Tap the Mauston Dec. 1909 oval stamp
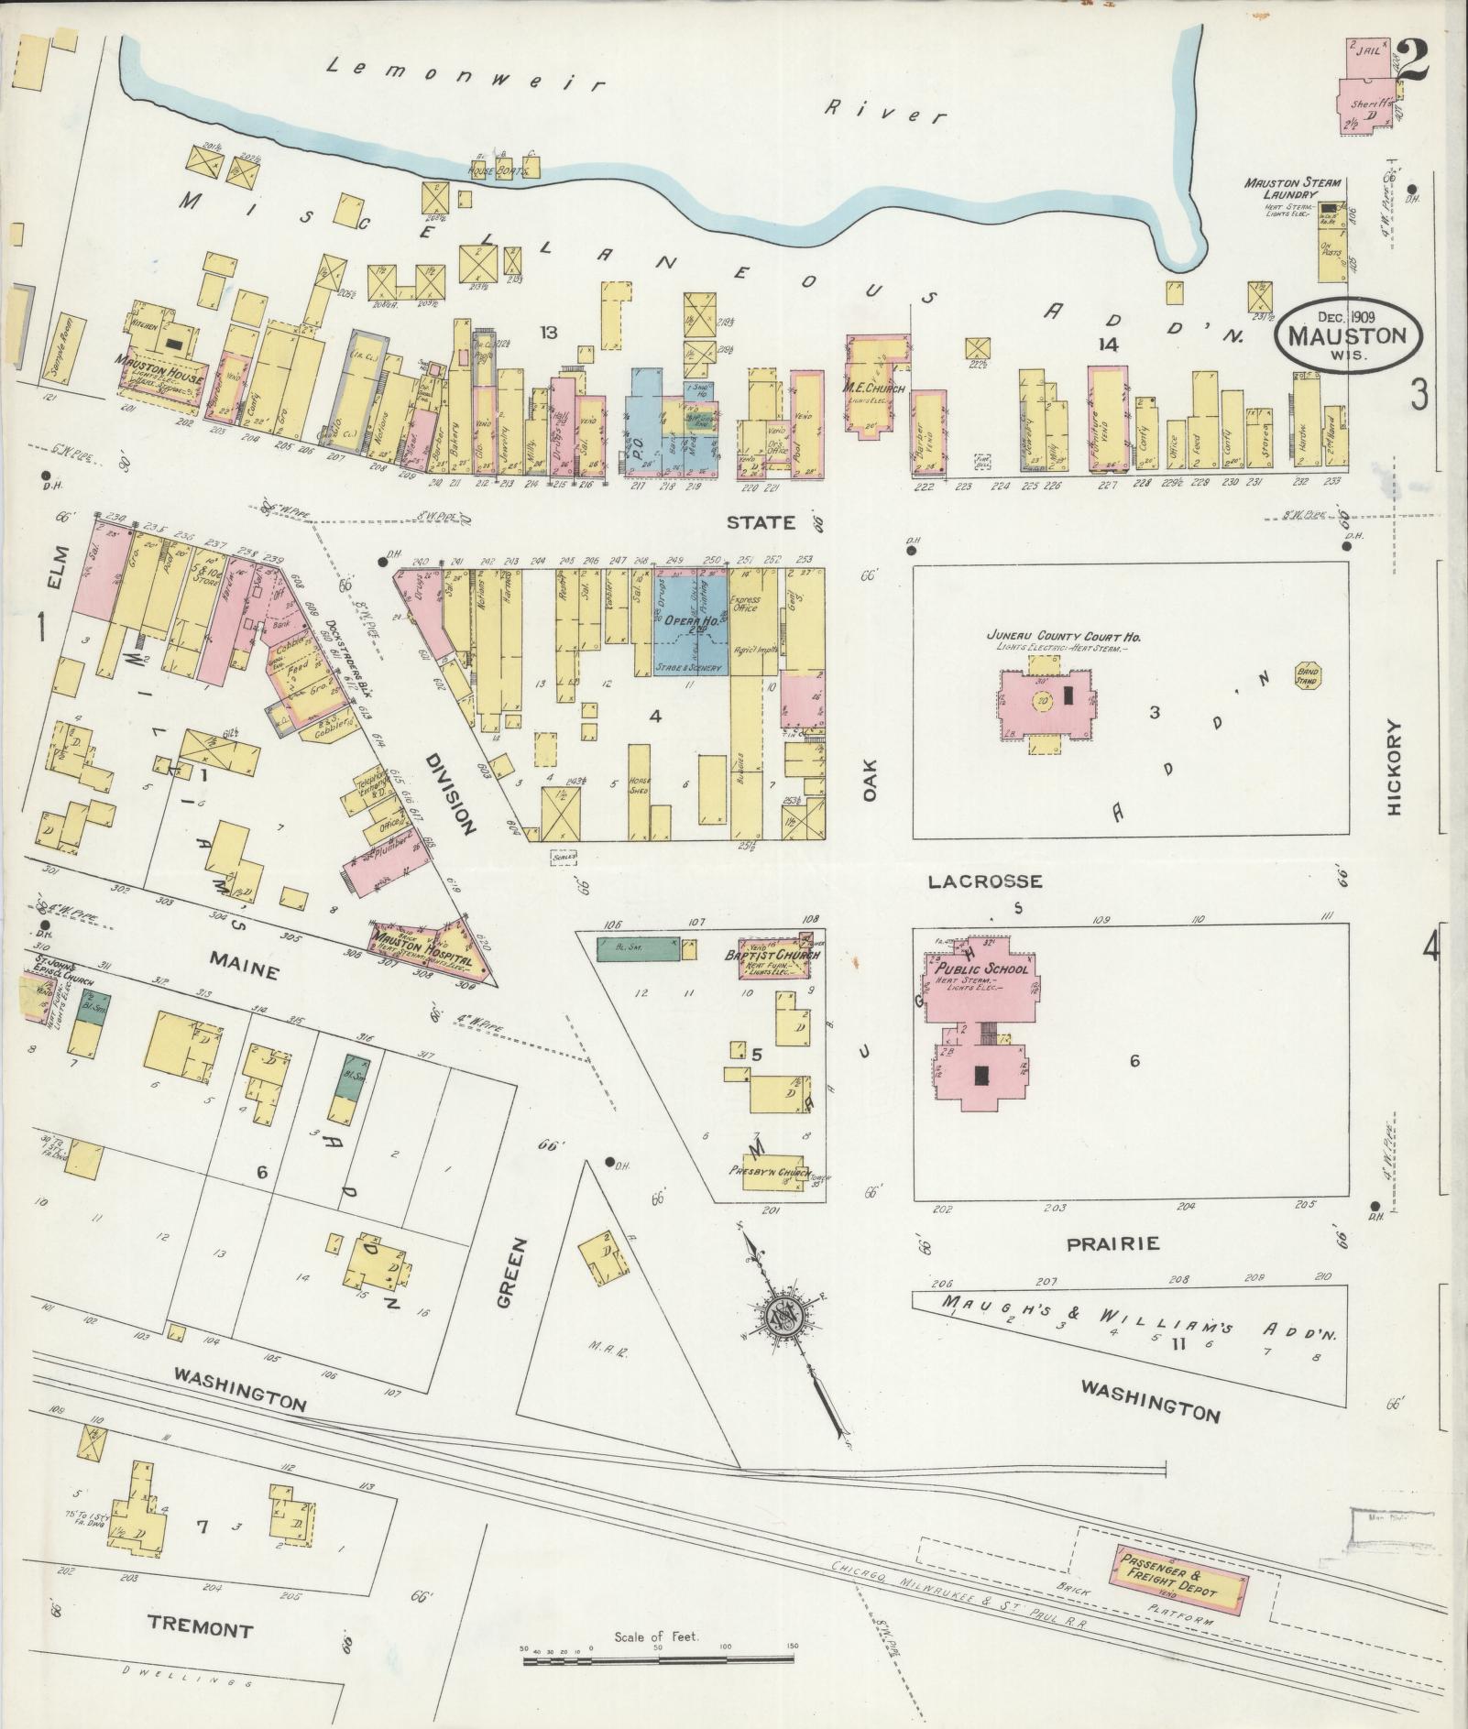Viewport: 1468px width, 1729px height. pyautogui.click(x=1346, y=335)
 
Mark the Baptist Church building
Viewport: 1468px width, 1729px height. pyautogui.click(x=777, y=956)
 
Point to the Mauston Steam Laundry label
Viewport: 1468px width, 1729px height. pyautogui.click(x=1279, y=189)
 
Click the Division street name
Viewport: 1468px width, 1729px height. pyautogui.click(x=451, y=793)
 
